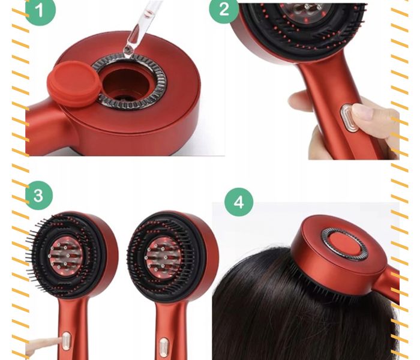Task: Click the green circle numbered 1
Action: (40, 10)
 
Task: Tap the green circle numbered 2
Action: (224, 10)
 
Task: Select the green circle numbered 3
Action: (39, 196)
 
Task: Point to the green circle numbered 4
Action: (239, 202)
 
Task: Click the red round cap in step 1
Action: (74, 83)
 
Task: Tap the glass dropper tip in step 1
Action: (128, 50)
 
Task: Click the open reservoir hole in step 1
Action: (125, 83)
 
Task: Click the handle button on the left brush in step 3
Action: (66, 341)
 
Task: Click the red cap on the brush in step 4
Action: (344, 243)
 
